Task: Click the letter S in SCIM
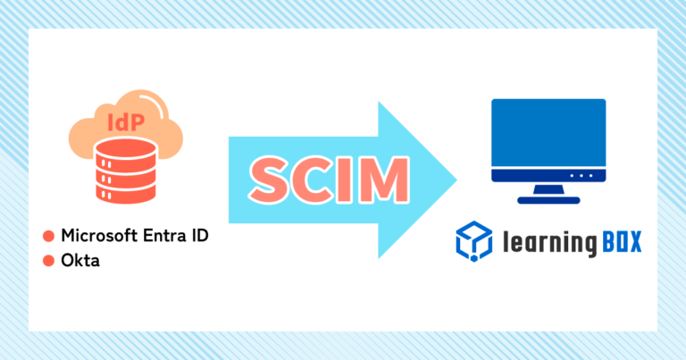click(269, 180)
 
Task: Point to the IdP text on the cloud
click(126, 122)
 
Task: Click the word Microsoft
click(99, 235)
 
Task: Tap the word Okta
click(80, 260)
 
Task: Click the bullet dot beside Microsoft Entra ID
click(48, 236)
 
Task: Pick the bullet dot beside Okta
click(48, 261)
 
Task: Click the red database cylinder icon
click(126, 171)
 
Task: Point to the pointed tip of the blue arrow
click(456, 180)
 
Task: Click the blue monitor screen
click(548, 133)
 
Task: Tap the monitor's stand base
click(548, 200)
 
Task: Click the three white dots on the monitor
click(581, 175)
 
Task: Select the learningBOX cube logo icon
click(473, 241)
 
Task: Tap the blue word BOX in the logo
click(622, 242)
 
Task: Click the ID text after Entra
click(199, 235)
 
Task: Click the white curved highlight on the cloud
click(159, 106)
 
